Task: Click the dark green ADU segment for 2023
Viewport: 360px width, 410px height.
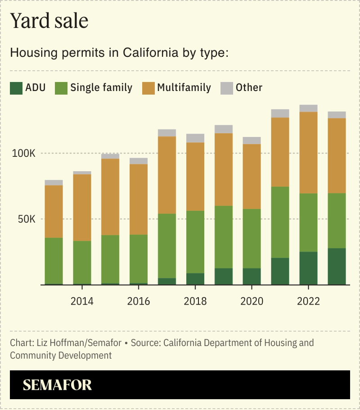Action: pyautogui.click(x=337, y=266)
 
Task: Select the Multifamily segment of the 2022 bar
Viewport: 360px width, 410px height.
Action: pyautogui.click(x=308, y=153)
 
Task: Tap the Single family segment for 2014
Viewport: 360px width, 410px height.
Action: pyautogui.click(x=82, y=263)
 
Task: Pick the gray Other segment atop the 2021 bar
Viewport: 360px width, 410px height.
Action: pyautogui.click(x=280, y=114)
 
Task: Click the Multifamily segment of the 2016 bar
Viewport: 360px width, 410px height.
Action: pyautogui.click(x=139, y=199)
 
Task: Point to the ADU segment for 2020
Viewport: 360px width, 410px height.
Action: pyautogui.click(x=252, y=276)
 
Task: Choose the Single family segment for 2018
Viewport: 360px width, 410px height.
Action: pyautogui.click(x=195, y=242)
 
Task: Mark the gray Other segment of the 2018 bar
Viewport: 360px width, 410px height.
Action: pyautogui.click(x=195, y=138)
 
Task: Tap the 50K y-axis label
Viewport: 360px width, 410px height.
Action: pyautogui.click(x=25, y=219)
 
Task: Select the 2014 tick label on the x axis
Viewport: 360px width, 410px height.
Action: pyautogui.click(x=82, y=301)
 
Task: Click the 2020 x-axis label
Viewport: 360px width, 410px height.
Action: pyautogui.click(x=252, y=301)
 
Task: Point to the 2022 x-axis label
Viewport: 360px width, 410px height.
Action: pyautogui.click(x=308, y=301)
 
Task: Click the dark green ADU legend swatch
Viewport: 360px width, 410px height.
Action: pyautogui.click(x=16, y=88)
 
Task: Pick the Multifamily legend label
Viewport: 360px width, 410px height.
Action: pyautogui.click(x=184, y=87)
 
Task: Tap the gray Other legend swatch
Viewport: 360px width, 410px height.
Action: pyautogui.click(x=226, y=88)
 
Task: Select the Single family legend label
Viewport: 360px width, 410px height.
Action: pyautogui.click(x=101, y=87)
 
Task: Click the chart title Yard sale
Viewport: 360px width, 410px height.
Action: pyautogui.click(x=49, y=21)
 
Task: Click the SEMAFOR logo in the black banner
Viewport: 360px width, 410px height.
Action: pyautogui.click(x=57, y=385)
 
